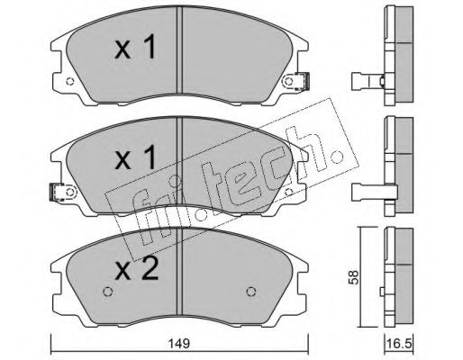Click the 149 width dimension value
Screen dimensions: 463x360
(180, 343)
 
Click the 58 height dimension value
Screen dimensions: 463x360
(354, 277)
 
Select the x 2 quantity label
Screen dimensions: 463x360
(137, 269)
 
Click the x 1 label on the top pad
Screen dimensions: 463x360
(136, 47)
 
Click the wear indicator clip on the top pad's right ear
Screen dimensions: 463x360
(303, 81)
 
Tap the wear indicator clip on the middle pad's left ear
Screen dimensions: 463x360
(57, 192)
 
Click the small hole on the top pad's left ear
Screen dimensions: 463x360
(70, 81)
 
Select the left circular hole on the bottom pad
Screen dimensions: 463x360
(107, 292)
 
